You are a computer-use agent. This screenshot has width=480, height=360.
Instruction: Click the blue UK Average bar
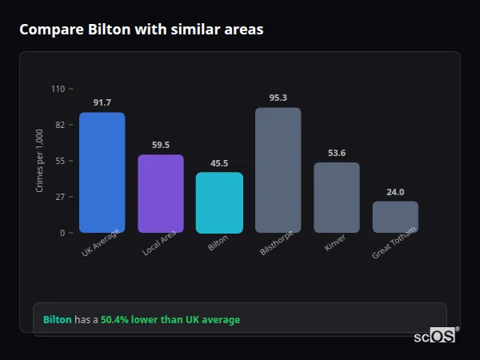point(102,173)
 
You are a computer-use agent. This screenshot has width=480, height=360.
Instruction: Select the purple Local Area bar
point(161,194)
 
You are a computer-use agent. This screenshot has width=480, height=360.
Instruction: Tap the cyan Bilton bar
point(219,202)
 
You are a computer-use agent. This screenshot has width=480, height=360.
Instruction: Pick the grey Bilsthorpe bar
point(278,170)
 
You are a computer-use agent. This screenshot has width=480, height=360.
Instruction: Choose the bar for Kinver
point(336,198)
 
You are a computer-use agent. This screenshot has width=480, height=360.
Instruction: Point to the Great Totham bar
point(395,217)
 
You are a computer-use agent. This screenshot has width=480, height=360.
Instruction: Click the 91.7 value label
point(102,102)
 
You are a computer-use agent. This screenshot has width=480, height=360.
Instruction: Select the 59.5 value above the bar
point(161,145)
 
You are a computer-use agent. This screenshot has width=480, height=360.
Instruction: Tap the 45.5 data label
point(219,163)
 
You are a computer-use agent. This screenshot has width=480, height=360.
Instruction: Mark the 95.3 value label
point(278,98)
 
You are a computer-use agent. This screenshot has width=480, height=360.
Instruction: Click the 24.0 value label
point(395,192)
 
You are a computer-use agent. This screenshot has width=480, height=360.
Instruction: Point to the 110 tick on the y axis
point(58,89)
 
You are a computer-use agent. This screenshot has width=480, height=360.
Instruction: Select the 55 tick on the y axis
point(60,161)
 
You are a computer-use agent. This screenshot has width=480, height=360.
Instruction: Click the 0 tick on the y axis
point(62,233)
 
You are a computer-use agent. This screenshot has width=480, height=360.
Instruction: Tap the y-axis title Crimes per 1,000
point(40,160)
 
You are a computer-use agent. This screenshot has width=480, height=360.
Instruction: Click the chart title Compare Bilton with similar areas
point(141,30)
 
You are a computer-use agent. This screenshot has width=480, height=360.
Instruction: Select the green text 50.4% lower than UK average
point(170,319)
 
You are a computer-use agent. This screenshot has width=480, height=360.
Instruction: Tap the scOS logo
point(434,336)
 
